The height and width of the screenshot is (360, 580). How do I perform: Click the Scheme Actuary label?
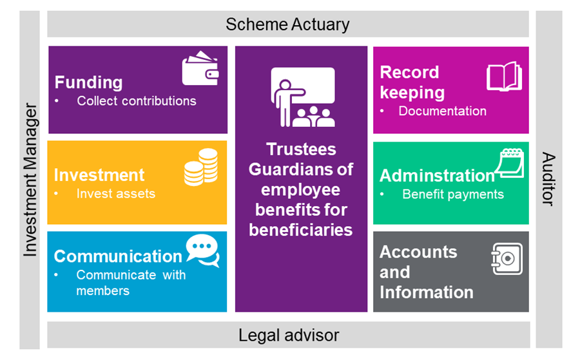coord(287,24)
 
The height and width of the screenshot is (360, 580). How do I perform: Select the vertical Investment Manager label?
coord(31,180)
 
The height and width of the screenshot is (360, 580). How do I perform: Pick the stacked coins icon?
coord(201,167)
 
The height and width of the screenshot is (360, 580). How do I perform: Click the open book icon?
coord(504,77)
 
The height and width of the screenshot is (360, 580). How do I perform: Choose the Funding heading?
coord(88,82)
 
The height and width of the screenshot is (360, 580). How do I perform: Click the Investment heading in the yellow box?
coord(99,175)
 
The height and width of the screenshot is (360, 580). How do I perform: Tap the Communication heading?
coord(118,256)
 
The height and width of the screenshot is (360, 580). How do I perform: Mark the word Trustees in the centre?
coord(302,149)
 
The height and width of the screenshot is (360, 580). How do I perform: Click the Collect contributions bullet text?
coord(136,101)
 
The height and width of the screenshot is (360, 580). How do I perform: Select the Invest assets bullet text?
coord(115,193)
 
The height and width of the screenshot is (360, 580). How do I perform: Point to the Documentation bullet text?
coord(442,111)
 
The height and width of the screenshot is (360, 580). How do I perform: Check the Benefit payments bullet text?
coord(453,194)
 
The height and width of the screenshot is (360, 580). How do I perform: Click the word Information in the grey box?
coord(427,292)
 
